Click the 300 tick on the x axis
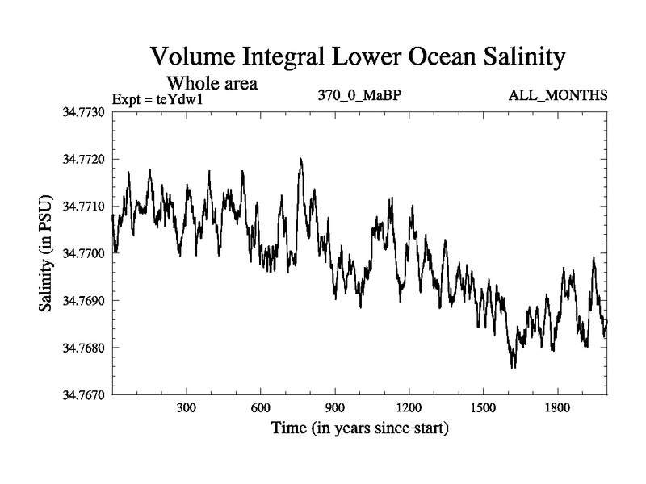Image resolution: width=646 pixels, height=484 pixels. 187,409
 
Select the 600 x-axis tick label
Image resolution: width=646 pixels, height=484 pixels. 261,409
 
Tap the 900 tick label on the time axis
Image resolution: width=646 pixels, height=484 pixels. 335,409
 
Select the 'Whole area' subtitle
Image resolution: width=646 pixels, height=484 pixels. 212,82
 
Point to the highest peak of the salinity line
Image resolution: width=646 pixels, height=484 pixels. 300,160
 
